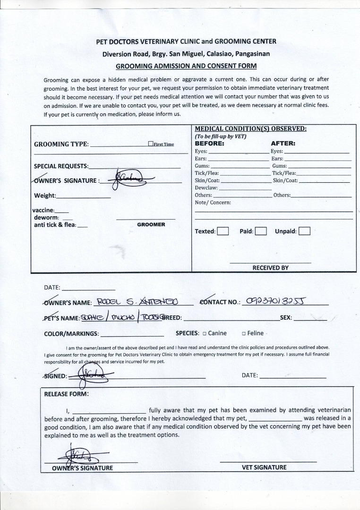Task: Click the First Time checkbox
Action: [x=150, y=144]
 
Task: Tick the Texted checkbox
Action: [x=223, y=231]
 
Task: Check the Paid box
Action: [x=261, y=231]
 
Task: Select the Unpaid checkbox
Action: [x=305, y=231]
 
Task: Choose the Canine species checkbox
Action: [x=205, y=333]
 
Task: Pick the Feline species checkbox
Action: [x=243, y=333]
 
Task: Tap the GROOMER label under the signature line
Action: [x=151, y=225]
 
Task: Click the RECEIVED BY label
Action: [x=270, y=268]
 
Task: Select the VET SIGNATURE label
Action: [x=264, y=467]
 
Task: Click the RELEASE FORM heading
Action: [x=66, y=394]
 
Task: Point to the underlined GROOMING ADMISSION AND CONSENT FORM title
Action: [x=186, y=66]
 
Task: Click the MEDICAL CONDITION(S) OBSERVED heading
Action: [x=250, y=128]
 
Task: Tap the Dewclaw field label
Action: [x=206, y=187]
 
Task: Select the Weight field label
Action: [x=45, y=195]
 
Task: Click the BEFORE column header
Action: [x=209, y=143]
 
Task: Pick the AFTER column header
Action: [x=283, y=143]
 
